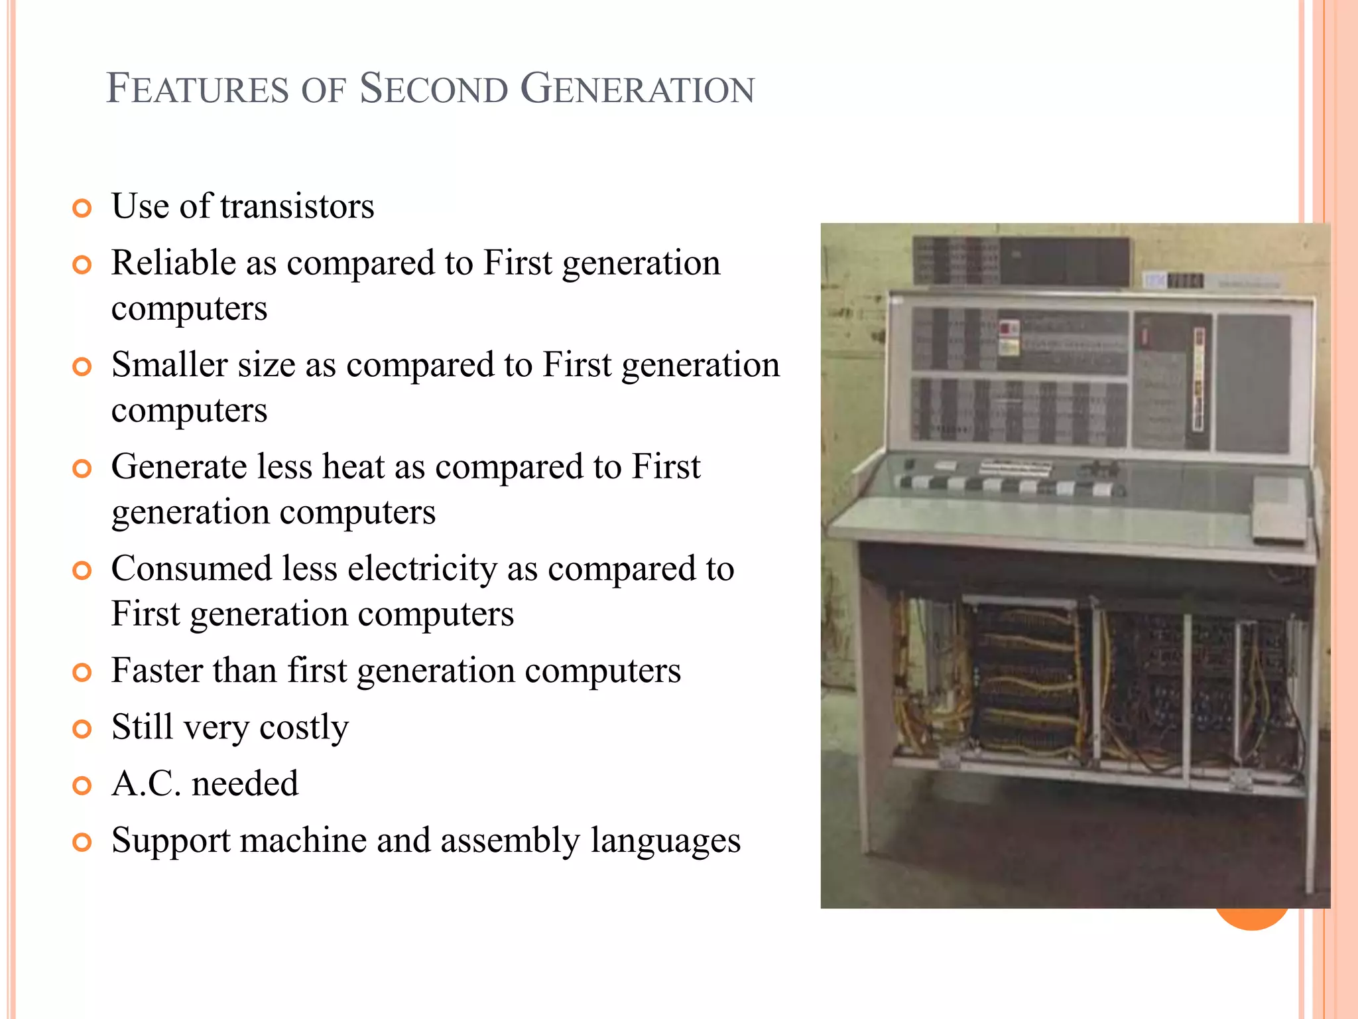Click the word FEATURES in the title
(198, 89)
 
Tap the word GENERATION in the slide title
(637, 89)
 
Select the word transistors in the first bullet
(297, 206)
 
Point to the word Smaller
(169, 365)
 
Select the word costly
(304, 728)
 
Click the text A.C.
(146, 783)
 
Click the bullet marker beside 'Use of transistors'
(82, 209)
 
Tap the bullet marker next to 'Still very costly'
(82, 730)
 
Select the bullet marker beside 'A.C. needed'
(82, 786)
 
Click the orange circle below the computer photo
(1251, 919)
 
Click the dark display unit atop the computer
(1021, 261)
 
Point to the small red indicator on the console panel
(1009, 328)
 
